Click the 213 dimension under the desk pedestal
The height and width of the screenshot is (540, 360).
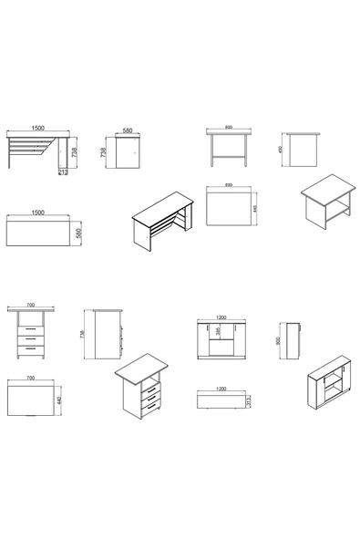point(61,171)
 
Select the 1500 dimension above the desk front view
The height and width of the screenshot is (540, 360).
point(37,128)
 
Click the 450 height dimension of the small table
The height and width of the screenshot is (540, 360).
point(282,151)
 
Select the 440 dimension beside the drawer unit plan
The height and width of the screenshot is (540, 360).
point(59,400)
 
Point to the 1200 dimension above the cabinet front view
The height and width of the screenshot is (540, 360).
point(220,317)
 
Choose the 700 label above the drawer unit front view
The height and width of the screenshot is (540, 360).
point(31,306)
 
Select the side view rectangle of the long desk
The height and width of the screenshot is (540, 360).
point(124,151)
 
